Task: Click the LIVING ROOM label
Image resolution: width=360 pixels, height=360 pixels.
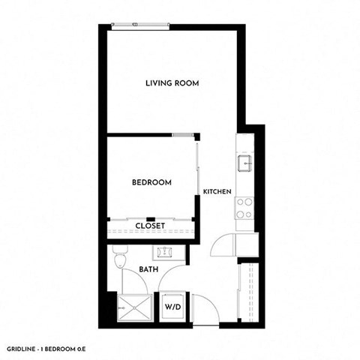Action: (172, 83)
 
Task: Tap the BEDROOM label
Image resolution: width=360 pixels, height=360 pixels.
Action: (151, 182)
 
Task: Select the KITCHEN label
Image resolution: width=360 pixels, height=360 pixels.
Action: (217, 192)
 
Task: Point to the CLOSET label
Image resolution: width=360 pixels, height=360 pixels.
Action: (150, 225)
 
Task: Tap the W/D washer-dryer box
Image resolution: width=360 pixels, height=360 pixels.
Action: (172, 306)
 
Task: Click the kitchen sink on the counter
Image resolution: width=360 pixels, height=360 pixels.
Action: (244, 162)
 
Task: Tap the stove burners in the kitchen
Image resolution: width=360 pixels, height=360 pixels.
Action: (244, 208)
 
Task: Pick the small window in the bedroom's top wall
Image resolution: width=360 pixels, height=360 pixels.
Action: (181, 136)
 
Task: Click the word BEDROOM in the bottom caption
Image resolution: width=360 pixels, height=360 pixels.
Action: (77, 348)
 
